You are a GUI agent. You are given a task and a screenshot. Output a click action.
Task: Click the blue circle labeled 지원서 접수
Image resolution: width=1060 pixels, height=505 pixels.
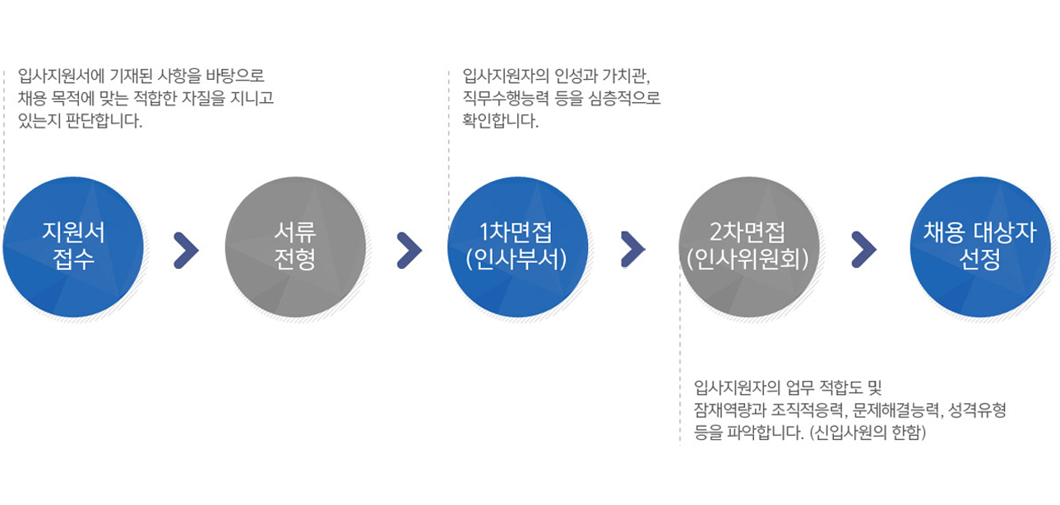click(x=73, y=247)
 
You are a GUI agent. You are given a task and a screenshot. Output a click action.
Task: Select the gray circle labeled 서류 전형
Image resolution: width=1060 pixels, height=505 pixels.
click(x=295, y=247)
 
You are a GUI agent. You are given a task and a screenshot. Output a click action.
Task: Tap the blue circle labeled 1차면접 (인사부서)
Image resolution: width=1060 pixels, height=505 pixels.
click(x=518, y=247)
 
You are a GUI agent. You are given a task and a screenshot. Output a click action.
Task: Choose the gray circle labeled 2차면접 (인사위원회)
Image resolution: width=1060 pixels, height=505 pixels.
click(x=749, y=247)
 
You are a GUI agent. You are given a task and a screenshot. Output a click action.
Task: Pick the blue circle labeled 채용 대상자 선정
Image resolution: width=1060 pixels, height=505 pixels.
click(x=980, y=247)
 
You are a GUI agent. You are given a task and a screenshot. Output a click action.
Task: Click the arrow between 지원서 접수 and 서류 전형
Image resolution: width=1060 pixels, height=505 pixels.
click(x=187, y=250)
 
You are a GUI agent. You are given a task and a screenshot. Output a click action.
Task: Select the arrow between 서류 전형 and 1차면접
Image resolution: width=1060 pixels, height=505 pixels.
click(x=410, y=250)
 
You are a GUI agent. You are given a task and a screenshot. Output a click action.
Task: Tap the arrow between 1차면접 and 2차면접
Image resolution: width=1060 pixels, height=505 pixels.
click(x=633, y=249)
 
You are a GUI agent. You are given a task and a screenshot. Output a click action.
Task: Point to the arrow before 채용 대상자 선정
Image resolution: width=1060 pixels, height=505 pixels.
click(x=864, y=249)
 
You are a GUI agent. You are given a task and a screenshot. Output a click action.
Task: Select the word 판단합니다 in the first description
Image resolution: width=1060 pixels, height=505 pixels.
click(x=104, y=121)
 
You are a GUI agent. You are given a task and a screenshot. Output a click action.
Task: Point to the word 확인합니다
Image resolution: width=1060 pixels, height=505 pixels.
click(x=501, y=121)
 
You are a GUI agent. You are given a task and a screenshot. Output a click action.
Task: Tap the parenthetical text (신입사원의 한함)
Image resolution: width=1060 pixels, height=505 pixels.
click(x=868, y=433)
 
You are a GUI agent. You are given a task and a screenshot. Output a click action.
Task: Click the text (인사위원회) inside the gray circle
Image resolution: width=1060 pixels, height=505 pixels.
click(x=748, y=259)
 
